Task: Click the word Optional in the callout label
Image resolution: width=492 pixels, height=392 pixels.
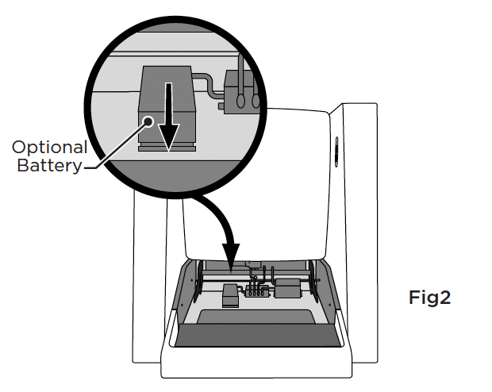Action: click(49, 147)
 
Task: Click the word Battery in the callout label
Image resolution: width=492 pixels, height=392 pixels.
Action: click(49, 165)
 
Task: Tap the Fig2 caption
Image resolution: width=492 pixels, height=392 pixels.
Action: click(429, 298)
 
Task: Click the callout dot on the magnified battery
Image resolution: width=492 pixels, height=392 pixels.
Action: click(148, 121)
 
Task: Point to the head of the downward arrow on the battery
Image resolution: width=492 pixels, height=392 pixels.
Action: click(168, 137)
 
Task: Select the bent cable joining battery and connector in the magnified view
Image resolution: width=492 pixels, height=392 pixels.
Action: click(207, 84)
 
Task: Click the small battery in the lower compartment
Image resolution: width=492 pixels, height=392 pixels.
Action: click(230, 296)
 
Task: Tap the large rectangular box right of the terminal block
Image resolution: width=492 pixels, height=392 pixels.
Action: click(288, 288)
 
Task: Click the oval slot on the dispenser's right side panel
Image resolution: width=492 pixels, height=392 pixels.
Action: click(336, 152)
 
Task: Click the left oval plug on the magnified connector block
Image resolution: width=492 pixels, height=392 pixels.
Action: click(240, 101)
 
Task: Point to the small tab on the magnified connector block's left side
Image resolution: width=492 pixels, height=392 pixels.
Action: click(221, 106)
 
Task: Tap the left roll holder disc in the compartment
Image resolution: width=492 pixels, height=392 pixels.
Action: click(198, 282)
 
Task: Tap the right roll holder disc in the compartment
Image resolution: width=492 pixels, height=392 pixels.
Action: click(313, 282)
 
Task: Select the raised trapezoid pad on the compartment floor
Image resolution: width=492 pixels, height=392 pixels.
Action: click(256, 317)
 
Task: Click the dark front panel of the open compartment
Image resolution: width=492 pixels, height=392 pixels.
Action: click(258, 336)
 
